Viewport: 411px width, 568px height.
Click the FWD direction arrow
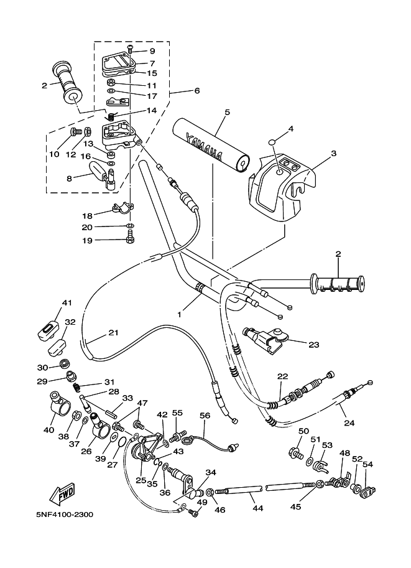click(x=62, y=494)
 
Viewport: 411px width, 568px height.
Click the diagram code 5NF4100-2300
click(x=65, y=514)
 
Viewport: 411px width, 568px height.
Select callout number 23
click(x=313, y=345)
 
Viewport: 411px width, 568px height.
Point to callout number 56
click(x=205, y=416)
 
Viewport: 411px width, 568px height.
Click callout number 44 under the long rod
click(x=257, y=508)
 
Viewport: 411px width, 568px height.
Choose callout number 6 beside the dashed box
click(x=197, y=91)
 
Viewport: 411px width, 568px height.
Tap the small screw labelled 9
click(x=129, y=50)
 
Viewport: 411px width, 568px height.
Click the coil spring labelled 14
click(x=111, y=116)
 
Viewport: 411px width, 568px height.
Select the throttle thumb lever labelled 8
click(x=101, y=175)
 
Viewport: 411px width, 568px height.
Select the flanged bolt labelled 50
click(x=295, y=453)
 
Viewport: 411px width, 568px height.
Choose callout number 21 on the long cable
click(x=113, y=332)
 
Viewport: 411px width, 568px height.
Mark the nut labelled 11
click(x=111, y=80)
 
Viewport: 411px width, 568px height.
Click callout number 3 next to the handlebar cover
click(x=333, y=153)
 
